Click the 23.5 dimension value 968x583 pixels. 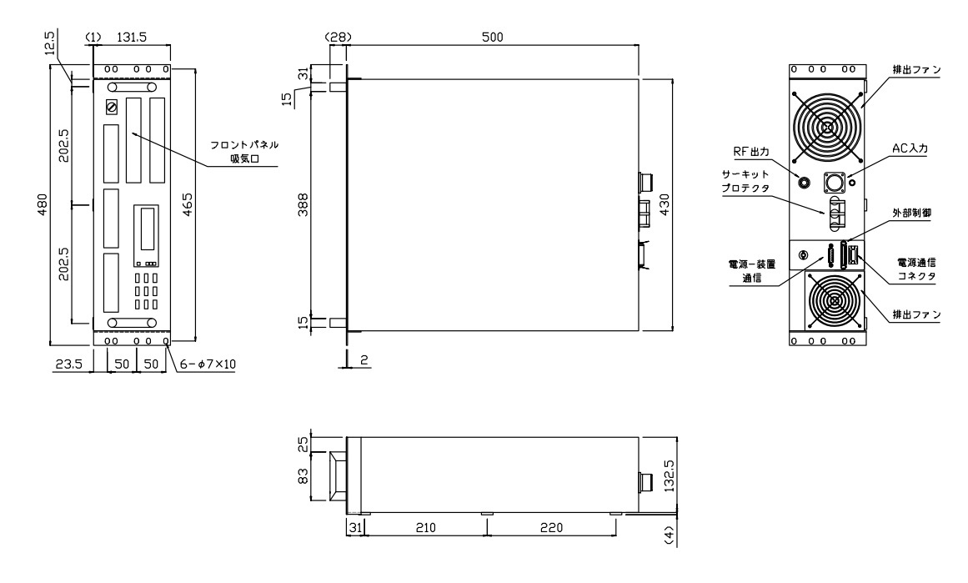point(69,364)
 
